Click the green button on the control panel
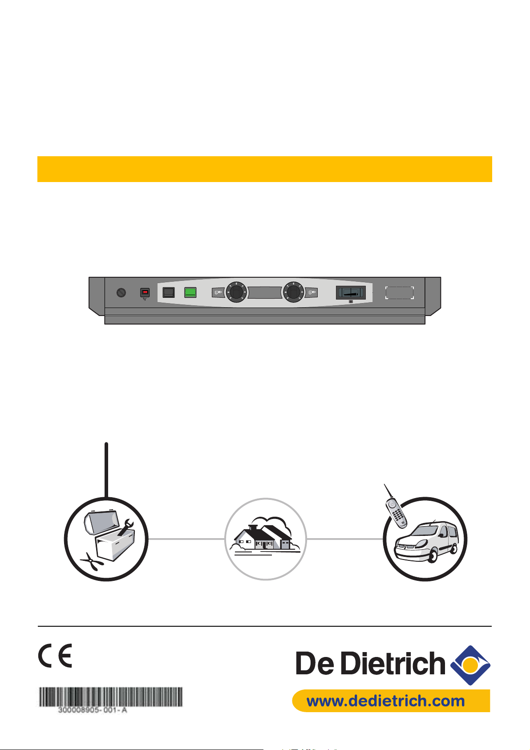click(190, 292)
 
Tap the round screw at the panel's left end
click(120, 292)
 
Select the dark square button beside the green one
click(169, 292)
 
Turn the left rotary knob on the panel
click(235, 292)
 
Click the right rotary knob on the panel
click(293, 292)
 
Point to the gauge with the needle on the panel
click(350, 292)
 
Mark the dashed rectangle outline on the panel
click(400, 292)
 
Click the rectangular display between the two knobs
click(264, 292)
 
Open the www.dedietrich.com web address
click(386, 701)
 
